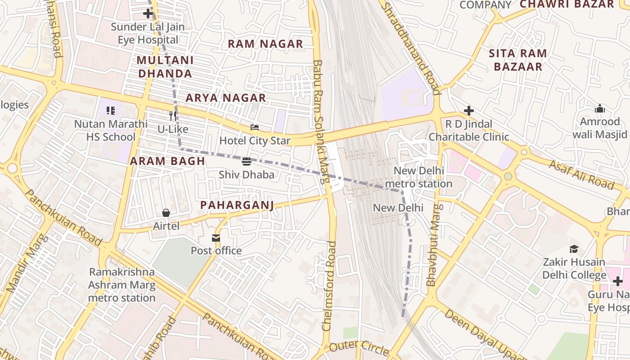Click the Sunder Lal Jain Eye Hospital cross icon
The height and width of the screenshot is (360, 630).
(148, 13)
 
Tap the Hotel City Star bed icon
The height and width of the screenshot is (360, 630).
(255, 127)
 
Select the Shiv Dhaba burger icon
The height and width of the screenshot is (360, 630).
(246, 161)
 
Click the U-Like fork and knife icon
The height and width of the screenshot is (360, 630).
(173, 116)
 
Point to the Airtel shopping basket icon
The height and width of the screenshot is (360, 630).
(166, 212)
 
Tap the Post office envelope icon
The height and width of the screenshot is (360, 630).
(216, 238)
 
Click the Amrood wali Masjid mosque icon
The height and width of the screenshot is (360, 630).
(599, 108)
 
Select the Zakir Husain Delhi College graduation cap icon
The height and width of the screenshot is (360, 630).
(574, 249)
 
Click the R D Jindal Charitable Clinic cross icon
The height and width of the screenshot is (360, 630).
(469, 111)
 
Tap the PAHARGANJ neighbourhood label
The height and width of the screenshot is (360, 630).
(237, 205)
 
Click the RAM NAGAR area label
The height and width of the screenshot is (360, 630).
(265, 44)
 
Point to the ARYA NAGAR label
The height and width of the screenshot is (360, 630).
(226, 98)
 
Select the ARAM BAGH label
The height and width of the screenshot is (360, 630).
(167, 161)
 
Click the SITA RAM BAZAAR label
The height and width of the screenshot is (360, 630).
(518, 60)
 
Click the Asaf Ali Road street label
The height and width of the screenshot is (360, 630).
(581, 175)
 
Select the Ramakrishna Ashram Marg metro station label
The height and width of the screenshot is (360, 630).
(121, 285)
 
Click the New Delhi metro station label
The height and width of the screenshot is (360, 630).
(418, 177)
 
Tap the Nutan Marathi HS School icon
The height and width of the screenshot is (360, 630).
(111, 110)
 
